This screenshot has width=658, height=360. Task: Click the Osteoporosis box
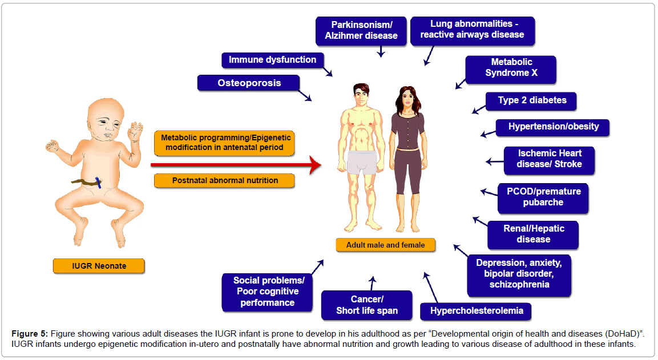(249, 83)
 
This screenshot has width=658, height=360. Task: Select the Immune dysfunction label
(272, 60)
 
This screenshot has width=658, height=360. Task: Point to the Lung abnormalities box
(473, 30)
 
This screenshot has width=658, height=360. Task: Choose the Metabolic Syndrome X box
(511, 68)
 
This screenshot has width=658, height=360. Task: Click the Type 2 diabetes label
(531, 100)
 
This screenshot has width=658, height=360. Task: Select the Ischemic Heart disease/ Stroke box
(541, 159)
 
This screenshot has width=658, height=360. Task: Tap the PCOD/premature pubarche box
(542, 197)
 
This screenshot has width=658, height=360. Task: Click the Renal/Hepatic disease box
(532, 234)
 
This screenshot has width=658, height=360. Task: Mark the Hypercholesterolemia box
(475, 312)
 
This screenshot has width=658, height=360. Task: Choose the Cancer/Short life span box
(366, 305)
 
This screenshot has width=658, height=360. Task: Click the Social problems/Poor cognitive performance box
(267, 292)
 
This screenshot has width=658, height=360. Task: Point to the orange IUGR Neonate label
(98, 266)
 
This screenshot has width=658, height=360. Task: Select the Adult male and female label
(385, 245)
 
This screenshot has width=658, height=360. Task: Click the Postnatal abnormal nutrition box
(224, 180)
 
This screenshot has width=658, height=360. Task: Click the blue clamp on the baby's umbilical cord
(99, 182)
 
